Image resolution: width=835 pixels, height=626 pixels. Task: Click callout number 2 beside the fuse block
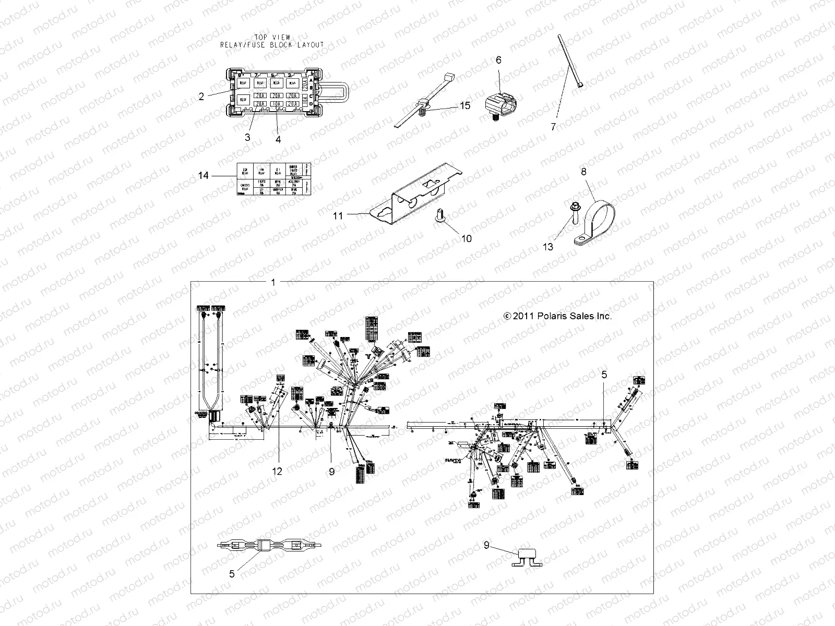tap(201, 97)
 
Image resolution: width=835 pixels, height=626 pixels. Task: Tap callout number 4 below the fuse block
tap(278, 139)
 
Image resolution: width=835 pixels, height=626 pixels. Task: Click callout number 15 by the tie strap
tap(465, 105)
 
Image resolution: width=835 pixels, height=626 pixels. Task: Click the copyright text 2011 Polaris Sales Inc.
tap(557, 316)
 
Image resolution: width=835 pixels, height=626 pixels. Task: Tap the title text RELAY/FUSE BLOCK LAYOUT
tap(271, 45)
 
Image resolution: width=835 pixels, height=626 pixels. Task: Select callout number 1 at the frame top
tap(273, 282)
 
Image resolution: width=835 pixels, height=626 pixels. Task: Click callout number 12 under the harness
tap(277, 471)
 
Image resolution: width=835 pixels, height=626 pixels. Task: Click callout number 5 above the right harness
tap(604, 375)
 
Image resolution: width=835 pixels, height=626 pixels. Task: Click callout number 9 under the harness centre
tap(331, 471)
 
